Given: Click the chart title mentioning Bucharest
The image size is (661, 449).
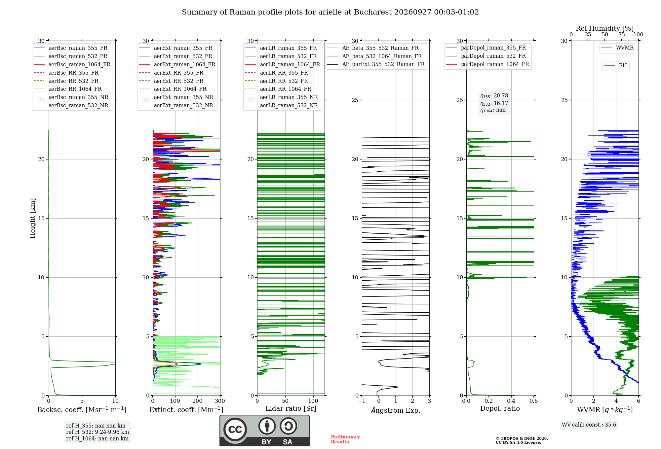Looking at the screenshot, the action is [330, 12].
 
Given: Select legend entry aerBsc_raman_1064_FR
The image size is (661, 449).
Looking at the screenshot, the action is [72, 64].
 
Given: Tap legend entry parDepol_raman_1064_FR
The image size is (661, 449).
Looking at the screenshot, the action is [487, 64].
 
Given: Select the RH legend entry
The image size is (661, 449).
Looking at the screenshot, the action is [615, 66].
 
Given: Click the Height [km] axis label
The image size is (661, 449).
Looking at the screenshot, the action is [32, 218].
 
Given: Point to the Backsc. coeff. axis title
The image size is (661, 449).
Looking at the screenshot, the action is [82, 410].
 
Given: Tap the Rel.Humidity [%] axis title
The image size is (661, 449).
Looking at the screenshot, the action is [605, 28].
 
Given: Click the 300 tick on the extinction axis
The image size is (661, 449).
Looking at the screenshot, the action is [220, 401].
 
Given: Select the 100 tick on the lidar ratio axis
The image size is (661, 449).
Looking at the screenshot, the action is [313, 401].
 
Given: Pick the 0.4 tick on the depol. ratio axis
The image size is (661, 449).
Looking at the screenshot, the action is [511, 401].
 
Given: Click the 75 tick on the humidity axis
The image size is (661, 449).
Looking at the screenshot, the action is [622, 35].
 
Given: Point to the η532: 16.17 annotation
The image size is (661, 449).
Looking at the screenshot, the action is [494, 103].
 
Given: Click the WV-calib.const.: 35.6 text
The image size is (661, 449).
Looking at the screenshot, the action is [589, 425].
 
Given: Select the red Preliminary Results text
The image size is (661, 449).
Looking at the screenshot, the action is [345, 439].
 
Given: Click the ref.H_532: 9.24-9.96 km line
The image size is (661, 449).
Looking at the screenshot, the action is [97, 432].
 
